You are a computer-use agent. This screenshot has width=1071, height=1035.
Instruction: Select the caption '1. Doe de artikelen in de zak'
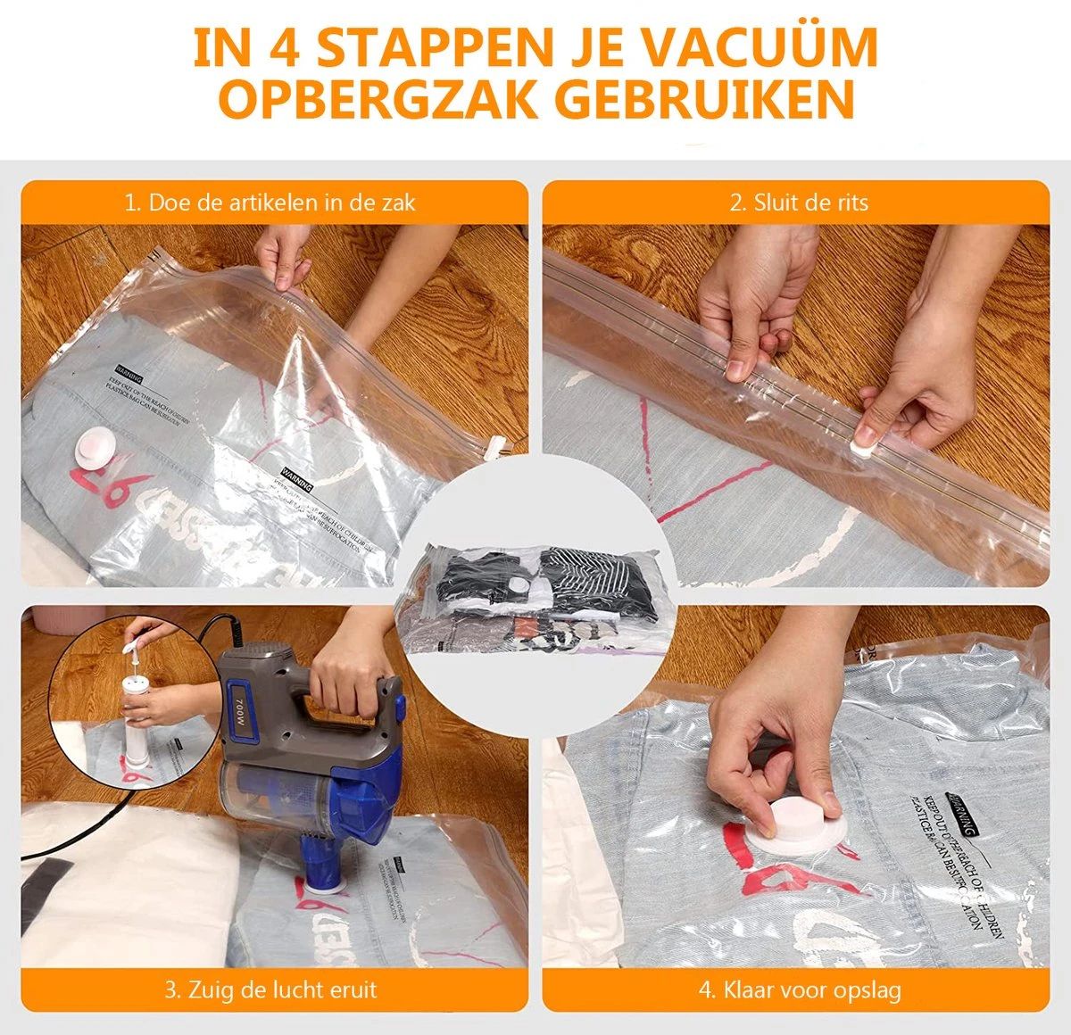[x=270, y=203]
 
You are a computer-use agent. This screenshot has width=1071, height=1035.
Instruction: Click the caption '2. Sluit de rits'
[x=798, y=203]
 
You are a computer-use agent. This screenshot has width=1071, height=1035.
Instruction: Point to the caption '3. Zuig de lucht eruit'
[x=270, y=989]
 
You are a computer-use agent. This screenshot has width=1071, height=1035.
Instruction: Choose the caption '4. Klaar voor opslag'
[x=799, y=989]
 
